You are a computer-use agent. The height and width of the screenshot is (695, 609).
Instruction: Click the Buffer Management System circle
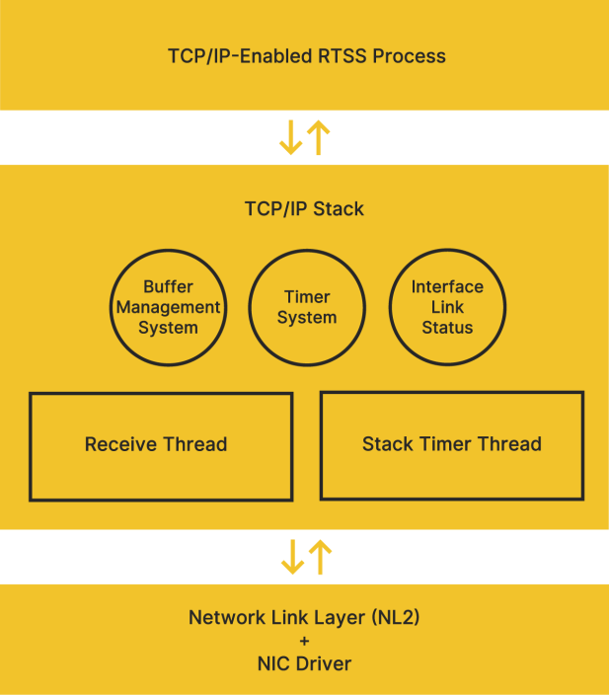[x=168, y=307]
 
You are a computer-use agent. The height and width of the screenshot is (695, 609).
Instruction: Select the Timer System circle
[x=306, y=307]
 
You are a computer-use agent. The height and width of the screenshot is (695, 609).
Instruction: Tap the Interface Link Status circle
[x=447, y=307]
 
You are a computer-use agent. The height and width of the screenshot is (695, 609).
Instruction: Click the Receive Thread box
[x=161, y=446]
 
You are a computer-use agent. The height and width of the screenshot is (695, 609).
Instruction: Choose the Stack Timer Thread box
[x=452, y=445]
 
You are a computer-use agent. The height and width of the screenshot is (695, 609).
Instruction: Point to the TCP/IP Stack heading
[x=304, y=209]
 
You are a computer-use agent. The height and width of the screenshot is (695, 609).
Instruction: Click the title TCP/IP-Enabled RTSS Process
[x=306, y=55]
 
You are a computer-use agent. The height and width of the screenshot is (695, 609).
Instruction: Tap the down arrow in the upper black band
[x=291, y=137]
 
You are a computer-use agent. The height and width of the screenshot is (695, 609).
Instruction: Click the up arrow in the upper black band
[x=318, y=137]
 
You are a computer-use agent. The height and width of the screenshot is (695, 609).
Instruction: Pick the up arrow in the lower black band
[x=320, y=557]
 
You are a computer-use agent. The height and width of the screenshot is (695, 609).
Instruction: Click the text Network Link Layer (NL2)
[x=304, y=618]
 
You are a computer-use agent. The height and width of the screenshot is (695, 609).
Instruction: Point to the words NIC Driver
[x=304, y=663]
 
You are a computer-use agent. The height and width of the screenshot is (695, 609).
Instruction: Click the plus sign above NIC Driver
[x=304, y=642]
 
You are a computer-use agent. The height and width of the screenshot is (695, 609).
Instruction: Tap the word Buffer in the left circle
[x=168, y=286]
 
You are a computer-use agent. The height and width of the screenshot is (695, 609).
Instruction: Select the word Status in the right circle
[x=447, y=328]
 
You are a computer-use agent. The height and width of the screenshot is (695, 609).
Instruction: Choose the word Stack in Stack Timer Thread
[x=387, y=444]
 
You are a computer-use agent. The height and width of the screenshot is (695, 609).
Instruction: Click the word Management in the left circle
[x=168, y=307]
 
